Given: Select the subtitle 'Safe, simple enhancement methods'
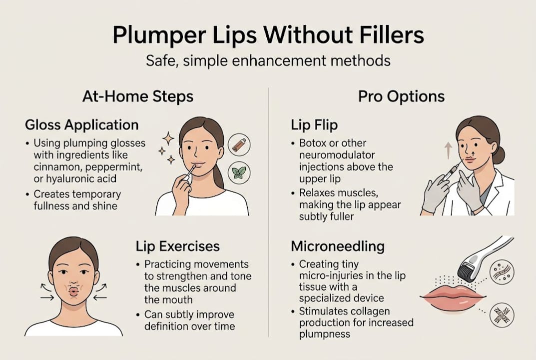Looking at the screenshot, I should (x=268, y=61).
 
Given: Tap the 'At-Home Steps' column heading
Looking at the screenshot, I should (x=138, y=96).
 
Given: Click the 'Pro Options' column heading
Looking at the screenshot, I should (x=401, y=96).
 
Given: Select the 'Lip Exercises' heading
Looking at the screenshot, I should (x=177, y=246).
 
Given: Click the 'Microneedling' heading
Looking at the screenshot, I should (x=338, y=246).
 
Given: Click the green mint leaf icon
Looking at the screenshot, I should (x=238, y=173).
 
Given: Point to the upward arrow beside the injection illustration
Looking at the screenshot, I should (x=447, y=149).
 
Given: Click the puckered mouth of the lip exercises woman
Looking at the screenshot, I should (x=73, y=290).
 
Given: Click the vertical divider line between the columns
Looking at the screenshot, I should (x=268, y=210).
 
